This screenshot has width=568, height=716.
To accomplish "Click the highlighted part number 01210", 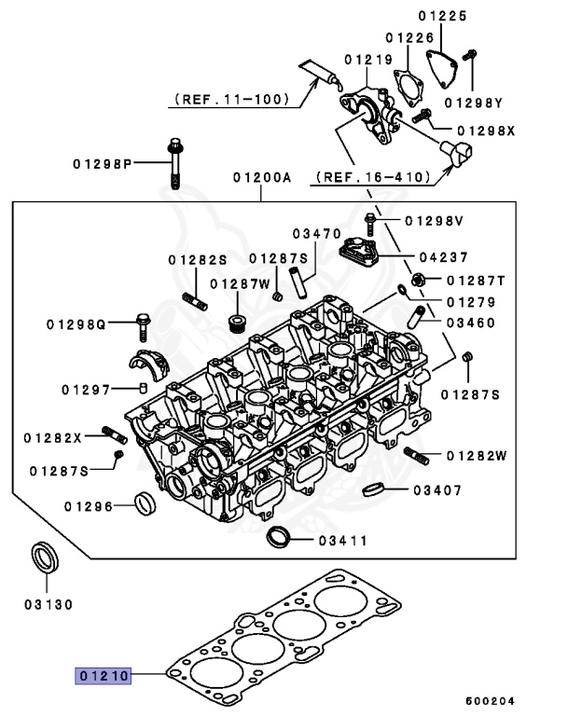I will click(104, 674).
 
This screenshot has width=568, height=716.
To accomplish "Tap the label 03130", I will click(48, 604).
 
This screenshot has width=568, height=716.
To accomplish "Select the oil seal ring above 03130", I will click(46, 558).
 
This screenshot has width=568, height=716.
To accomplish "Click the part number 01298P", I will click(103, 164).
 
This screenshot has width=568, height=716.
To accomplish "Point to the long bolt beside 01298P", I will click(175, 163).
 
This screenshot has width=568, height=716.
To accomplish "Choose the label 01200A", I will click(262, 176).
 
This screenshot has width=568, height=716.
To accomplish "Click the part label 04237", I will click(442, 256).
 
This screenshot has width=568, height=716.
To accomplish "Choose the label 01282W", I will click(476, 455).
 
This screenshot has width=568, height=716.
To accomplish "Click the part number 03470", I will click(316, 234).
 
